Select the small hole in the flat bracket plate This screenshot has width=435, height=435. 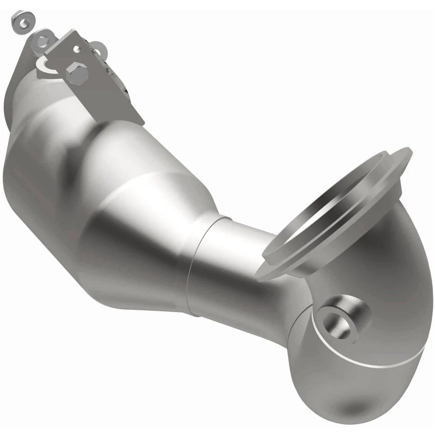click(x=77, y=47)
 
